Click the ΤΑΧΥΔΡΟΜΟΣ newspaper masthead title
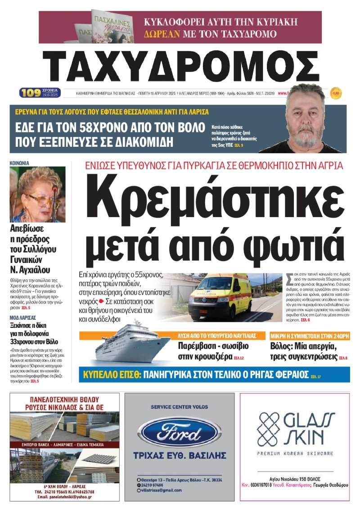[x=180, y=66]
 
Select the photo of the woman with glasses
[x=37, y=195]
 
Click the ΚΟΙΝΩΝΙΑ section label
[x=19, y=163]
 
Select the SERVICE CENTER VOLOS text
[x=180, y=407]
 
